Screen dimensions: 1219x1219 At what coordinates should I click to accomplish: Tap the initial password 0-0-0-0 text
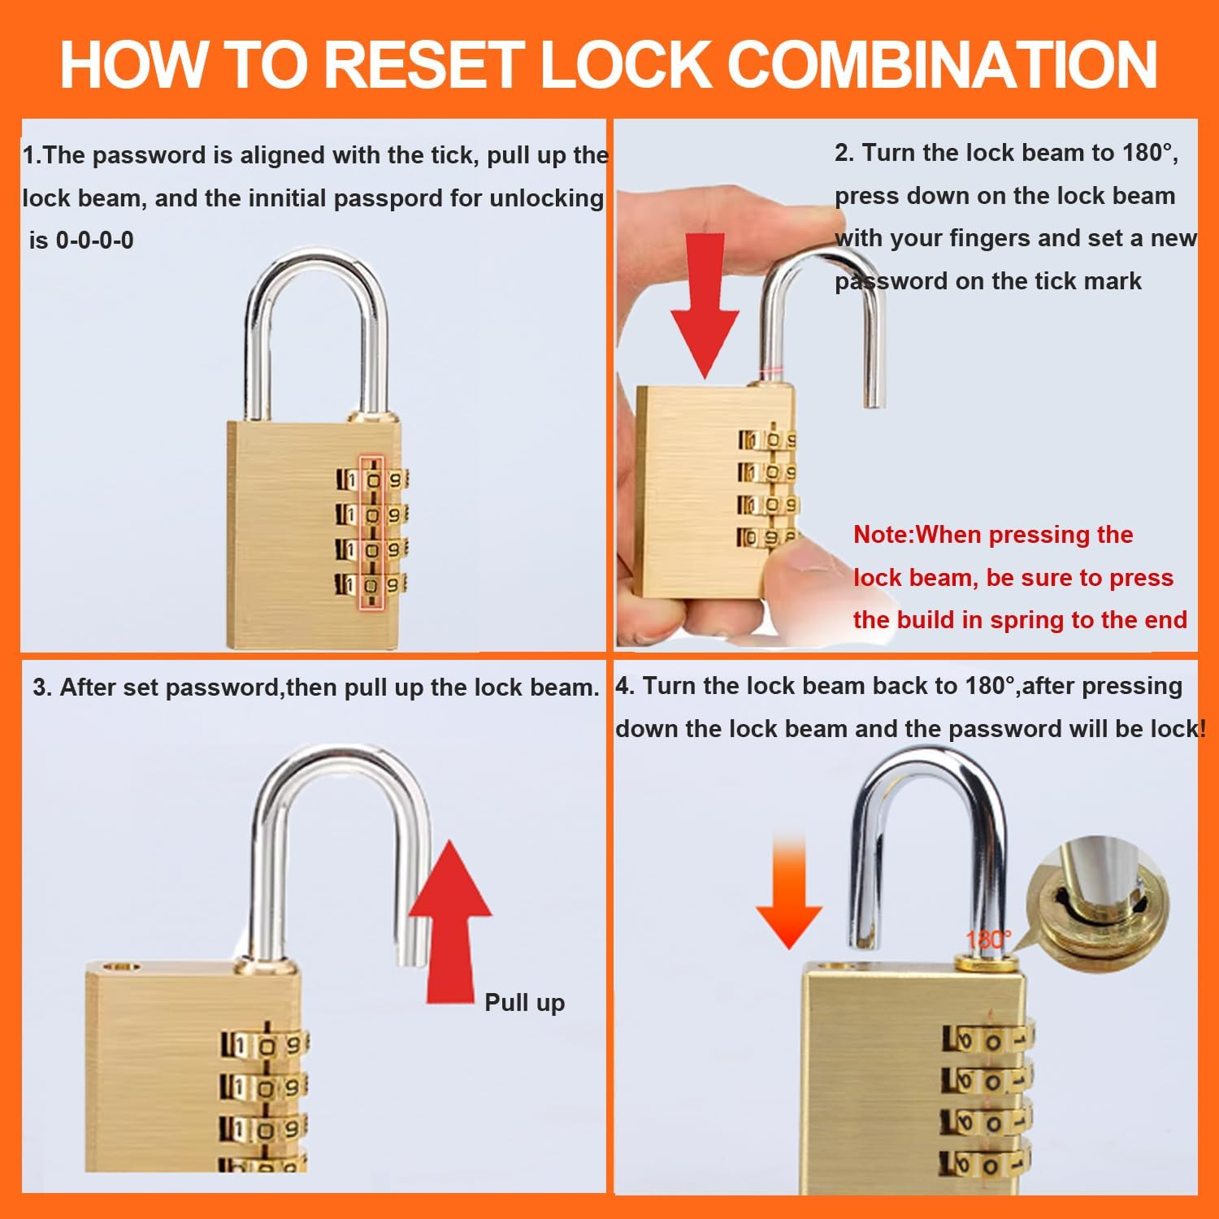coord(94,241)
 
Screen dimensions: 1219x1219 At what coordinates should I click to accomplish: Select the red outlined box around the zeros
coord(372,532)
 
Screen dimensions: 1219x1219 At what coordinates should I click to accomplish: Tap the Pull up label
coord(524,1003)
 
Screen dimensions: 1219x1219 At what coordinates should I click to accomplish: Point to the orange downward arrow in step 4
coord(789,890)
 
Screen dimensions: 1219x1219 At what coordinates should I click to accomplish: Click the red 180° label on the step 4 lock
coord(988,940)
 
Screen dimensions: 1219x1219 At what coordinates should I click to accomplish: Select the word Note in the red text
coord(883,535)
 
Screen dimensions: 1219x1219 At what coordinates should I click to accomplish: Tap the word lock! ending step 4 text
coord(1178,729)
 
